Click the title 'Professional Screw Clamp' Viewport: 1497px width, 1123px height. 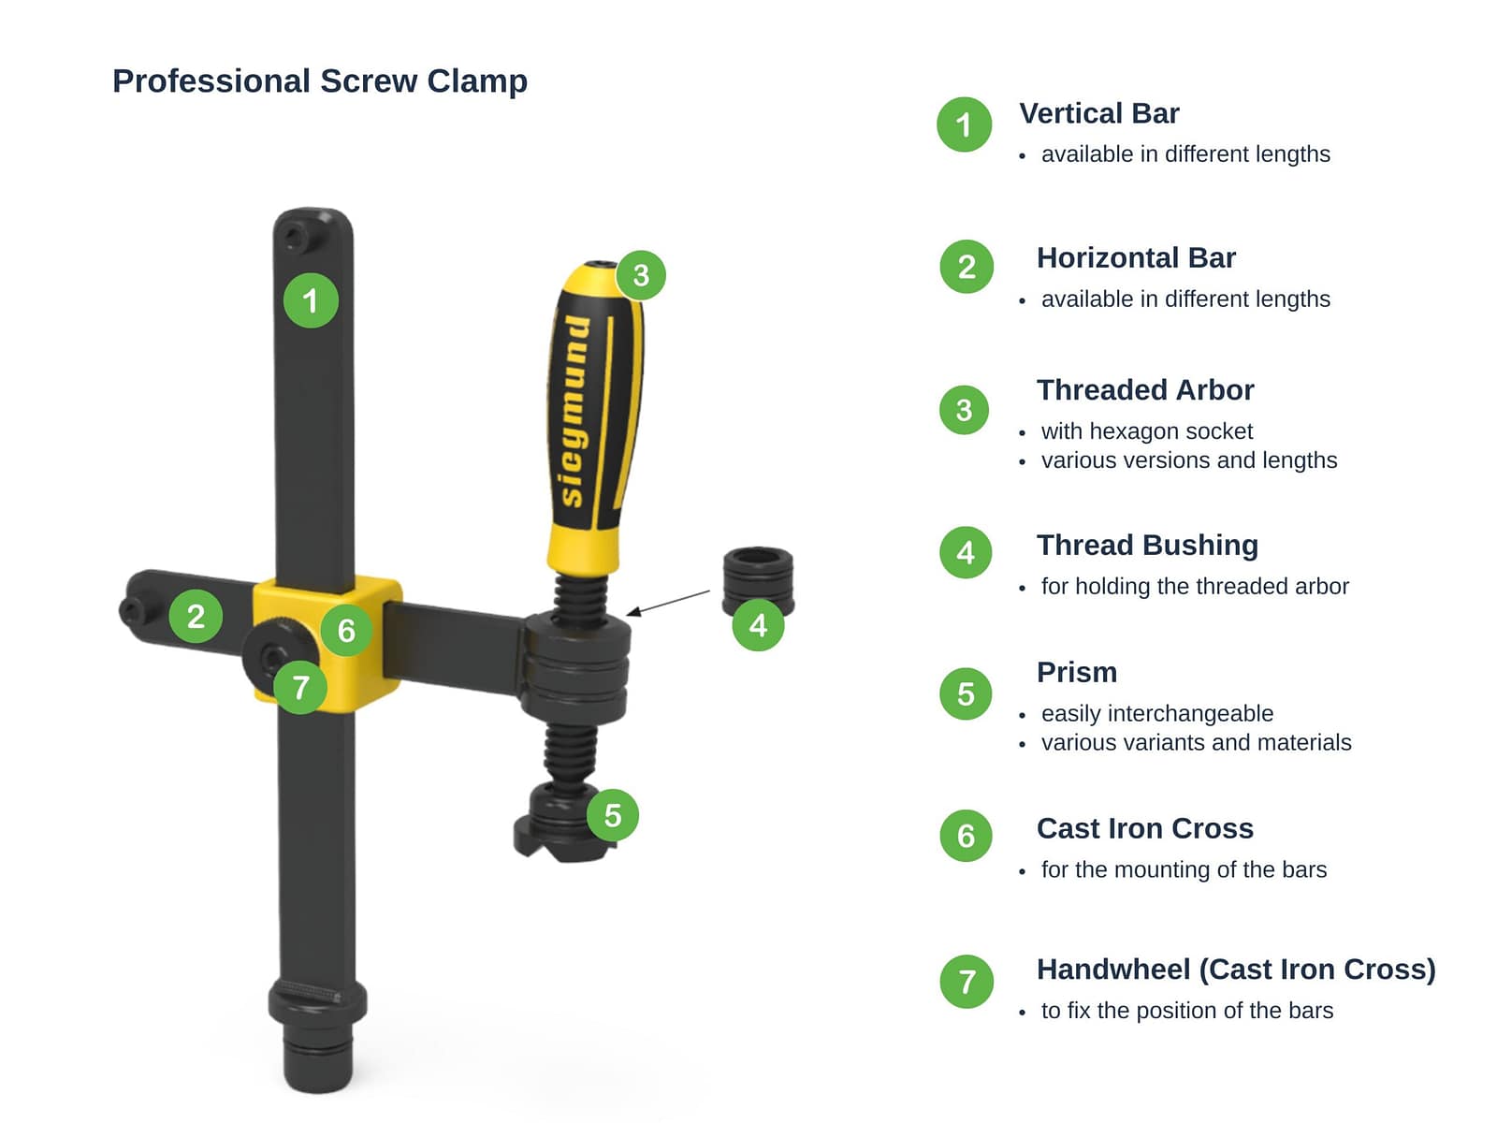click(320, 81)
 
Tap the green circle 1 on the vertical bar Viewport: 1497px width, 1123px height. click(311, 300)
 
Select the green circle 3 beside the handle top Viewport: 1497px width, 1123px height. click(640, 275)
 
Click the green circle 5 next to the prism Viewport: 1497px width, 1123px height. click(613, 815)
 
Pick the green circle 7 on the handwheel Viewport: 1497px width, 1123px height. click(300, 687)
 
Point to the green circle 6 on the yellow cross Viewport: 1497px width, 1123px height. click(346, 630)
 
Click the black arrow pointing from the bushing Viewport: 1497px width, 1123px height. click(668, 603)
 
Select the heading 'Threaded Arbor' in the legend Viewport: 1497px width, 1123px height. click(1145, 390)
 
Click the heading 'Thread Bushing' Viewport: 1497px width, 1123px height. click(1147, 545)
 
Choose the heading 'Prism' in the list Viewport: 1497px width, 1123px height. click(1077, 672)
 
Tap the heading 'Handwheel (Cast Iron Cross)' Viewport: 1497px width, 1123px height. click(1236, 969)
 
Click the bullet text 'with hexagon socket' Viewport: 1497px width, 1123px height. click(1146, 430)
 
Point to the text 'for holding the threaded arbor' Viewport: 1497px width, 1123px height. click(1195, 586)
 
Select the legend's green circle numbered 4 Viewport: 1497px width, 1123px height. click(965, 552)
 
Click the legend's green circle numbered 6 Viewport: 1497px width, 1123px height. click(966, 836)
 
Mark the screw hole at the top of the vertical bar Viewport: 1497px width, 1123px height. click(294, 238)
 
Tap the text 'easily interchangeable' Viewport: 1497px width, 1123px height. click(1156, 713)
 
